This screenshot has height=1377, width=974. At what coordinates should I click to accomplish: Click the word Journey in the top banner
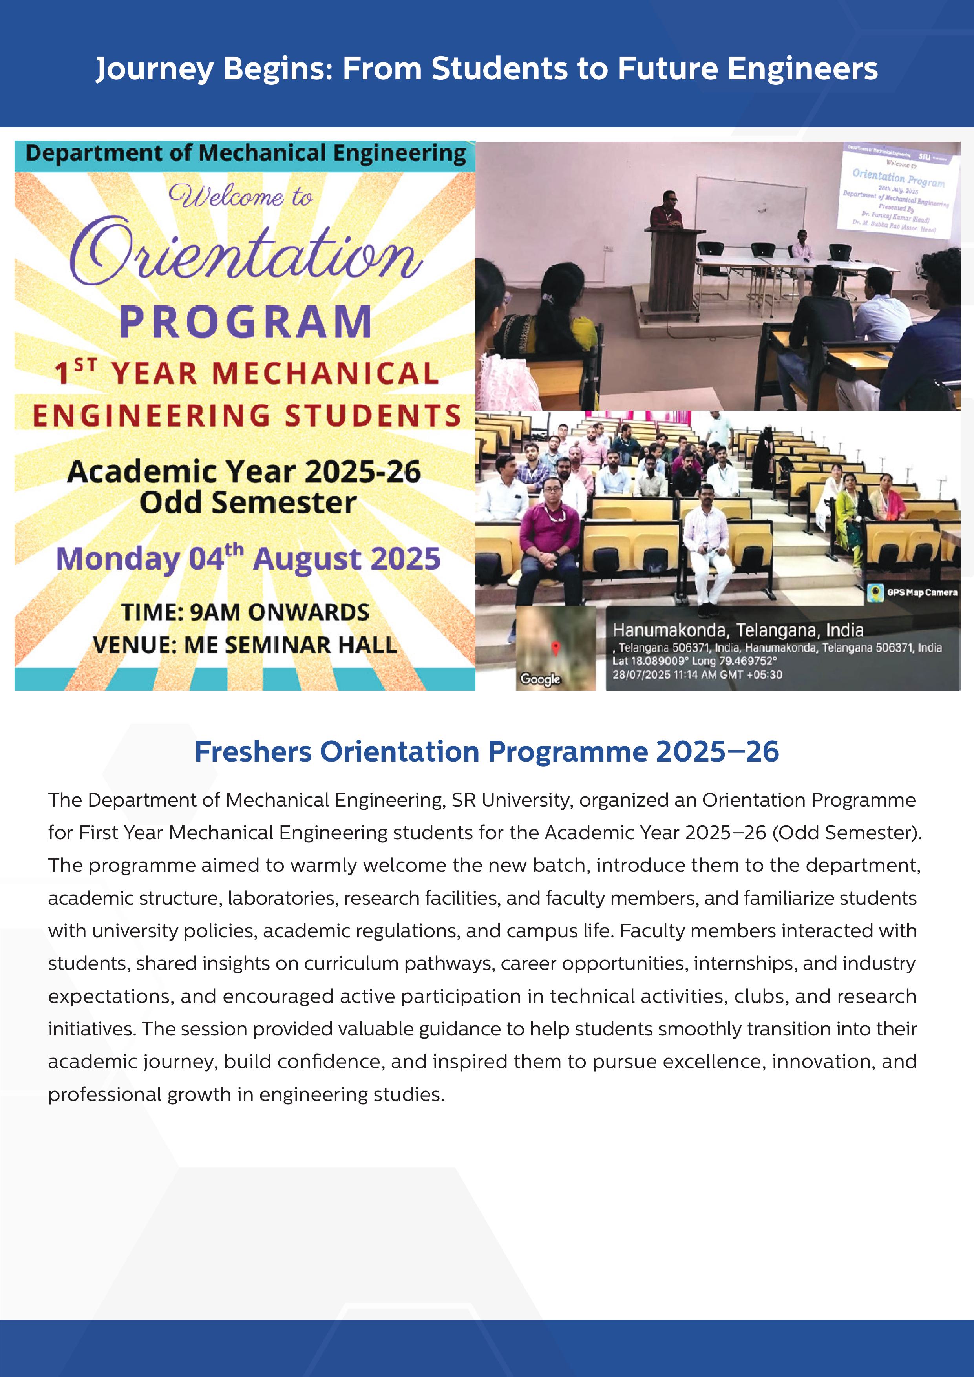(x=154, y=69)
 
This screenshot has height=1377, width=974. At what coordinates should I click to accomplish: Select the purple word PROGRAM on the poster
(x=245, y=322)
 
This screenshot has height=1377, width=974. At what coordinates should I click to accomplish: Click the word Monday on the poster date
(x=117, y=559)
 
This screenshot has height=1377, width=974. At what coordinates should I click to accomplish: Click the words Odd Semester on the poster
(x=248, y=502)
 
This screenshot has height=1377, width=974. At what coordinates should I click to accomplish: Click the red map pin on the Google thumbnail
(x=556, y=648)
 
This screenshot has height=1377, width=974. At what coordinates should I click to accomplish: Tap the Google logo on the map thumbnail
(x=540, y=679)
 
